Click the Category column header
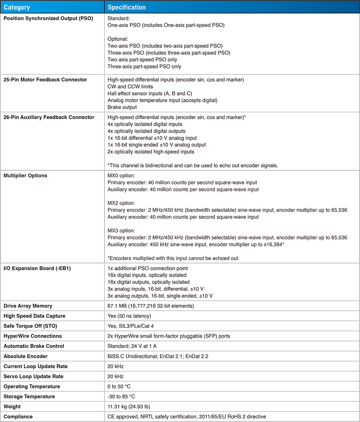click(x=17, y=7)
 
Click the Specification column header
click(x=127, y=7)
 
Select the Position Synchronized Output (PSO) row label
click(x=48, y=18)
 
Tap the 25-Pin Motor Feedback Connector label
click(x=45, y=80)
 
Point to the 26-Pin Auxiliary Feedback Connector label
click(x=49, y=117)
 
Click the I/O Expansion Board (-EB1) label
click(x=37, y=268)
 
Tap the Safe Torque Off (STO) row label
click(x=30, y=326)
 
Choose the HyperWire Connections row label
click(x=33, y=336)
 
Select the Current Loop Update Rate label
click(x=36, y=366)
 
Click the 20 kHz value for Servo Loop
click(x=116, y=376)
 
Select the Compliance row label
click(x=18, y=417)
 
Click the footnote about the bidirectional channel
click(x=193, y=165)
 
